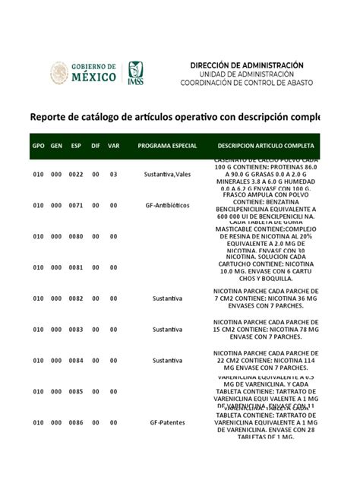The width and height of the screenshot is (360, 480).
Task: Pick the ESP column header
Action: click(x=76, y=145)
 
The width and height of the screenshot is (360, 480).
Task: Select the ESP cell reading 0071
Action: click(x=76, y=205)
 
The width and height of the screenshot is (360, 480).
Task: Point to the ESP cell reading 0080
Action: click(x=76, y=236)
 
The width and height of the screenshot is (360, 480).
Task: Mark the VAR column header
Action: click(x=114, y=145)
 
